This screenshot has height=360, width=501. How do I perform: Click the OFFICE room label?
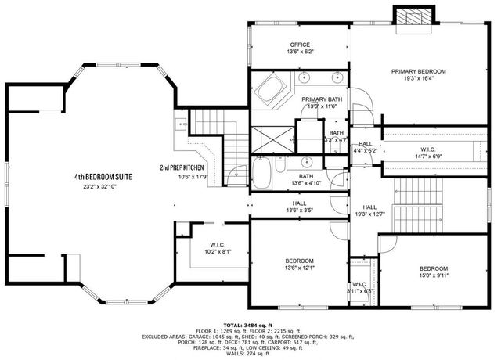301,45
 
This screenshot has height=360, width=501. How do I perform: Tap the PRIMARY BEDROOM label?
419,70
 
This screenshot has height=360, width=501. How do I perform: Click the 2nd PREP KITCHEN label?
182,167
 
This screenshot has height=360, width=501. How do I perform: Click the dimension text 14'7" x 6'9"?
429,157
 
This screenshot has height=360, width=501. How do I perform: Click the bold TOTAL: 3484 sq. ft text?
247,324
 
